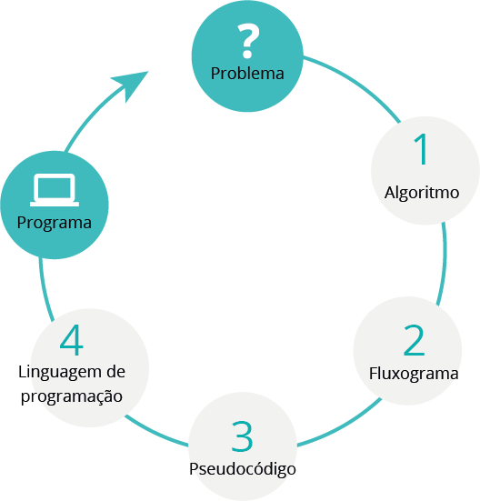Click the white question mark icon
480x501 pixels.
click(x=248, y=41)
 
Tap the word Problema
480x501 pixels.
click(x=247, y=74)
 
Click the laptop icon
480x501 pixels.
click(x=55, y=190)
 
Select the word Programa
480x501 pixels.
click(x=55, y=224)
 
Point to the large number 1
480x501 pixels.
click(x=422, y=149)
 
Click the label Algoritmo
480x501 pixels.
click(x=422, y=193)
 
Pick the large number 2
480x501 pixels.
click(x=415, y=340)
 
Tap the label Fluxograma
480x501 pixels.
click(x=414, y=374)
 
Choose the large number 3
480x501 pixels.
click(x=242, y=436)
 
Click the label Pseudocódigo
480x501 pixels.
click(x=243, y=470)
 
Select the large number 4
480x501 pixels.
click(x=72, y=340)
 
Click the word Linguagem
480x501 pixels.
click(x=58, y=373)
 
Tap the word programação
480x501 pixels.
click(x=72, y=397)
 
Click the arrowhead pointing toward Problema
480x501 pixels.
click(x=131, y=84)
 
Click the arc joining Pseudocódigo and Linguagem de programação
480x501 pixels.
click(x=155, y=432)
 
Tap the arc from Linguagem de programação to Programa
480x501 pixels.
click(x=44, y=289)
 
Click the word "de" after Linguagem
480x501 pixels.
click(x=116, y=372)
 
